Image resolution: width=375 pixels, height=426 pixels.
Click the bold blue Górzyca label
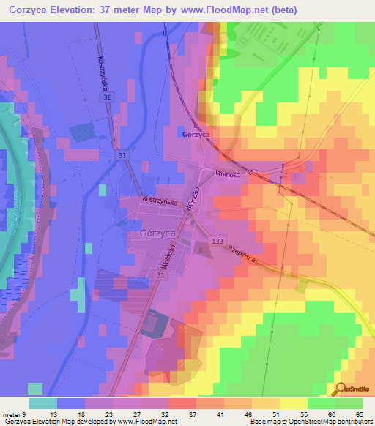[x=196, y=135]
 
